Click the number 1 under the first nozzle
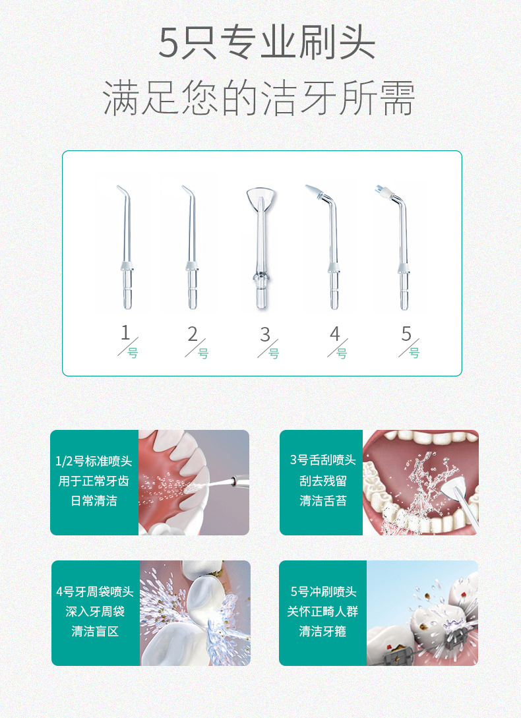click(x=125, y=333)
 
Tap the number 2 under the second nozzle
click(x=193, y=334)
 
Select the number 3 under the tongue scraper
click(x=265, y=335)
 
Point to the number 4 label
click(x=335, y=334)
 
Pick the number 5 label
click(x=406, y=334)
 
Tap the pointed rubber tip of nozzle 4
click(x=315, y=191)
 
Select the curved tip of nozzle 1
click(x=123, y=191)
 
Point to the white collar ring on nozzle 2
click(x=191, y=266)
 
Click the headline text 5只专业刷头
click(x=267, y=43)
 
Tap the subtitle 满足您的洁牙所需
click(x=259, y=98)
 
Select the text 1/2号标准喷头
click(x=94, y=461)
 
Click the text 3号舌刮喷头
click(x=322, y=460)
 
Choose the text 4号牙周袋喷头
click(x=95, y=591)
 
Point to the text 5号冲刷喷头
click(x=323, y=591)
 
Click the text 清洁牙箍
click(x=322, y=632)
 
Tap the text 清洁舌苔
click(x=323, y=500)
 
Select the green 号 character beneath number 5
click(x=414, y=353)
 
